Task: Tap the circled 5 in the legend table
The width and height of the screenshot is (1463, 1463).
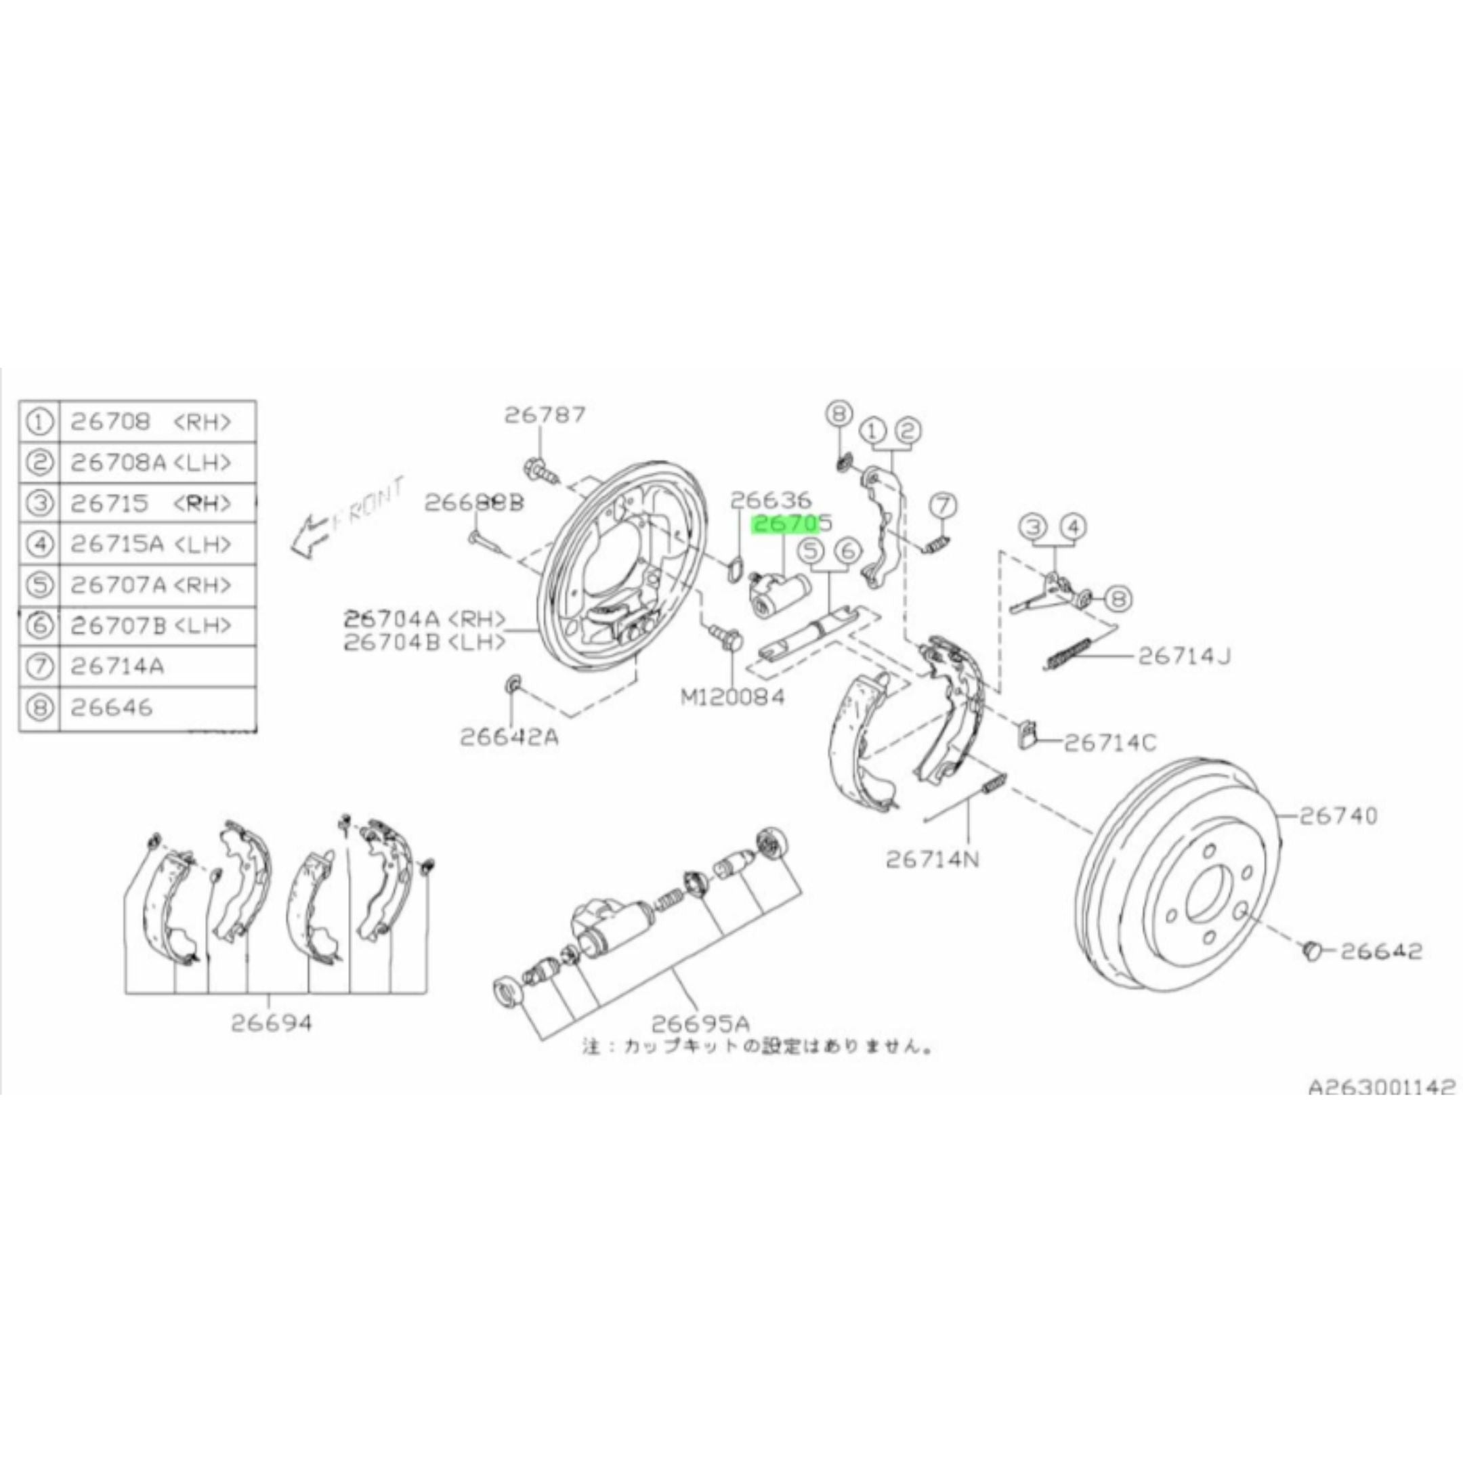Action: click(x=39, y=585)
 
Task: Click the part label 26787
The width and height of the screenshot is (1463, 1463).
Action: click(x=545, y=415)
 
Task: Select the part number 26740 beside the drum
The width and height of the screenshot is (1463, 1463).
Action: click(x=1339, y=815)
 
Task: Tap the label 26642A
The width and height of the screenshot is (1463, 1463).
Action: click(x=509, y=737)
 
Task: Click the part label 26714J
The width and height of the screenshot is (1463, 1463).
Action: click(x=1183, y=656)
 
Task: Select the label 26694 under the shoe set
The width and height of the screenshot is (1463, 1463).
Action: click(x=271, y=1023)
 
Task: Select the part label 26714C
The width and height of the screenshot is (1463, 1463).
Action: click(x=1110, y=743)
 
